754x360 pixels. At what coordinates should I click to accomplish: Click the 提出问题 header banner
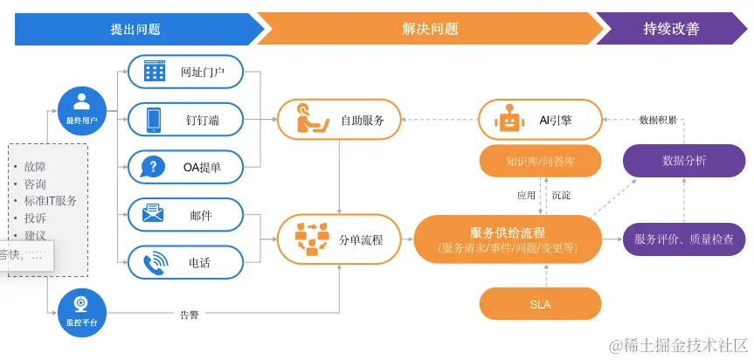click(x=135, y=29)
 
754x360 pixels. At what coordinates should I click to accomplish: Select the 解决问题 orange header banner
click(x=429, y=29)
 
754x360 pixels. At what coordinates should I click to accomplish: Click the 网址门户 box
click(x=187, y=72)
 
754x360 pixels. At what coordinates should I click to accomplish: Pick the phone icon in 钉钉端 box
click(x=155, y=120)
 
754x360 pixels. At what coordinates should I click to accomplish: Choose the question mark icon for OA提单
click(x=155, y=166)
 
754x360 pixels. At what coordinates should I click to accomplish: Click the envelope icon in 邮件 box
click(x=155, y=213)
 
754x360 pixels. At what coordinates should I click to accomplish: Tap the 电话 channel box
click(x=187, y=261)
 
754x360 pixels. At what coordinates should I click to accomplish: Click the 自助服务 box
click(x=339, y=120)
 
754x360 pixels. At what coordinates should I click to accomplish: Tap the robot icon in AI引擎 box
click(x=509, y=120)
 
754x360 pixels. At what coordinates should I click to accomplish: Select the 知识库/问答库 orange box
click(x=541, y=161)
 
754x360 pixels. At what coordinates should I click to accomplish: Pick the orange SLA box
click(x=541, y=304)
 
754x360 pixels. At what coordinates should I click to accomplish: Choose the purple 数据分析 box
click(x=684, y=161)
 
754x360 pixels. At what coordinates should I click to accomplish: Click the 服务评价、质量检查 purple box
click(x=684, y=238)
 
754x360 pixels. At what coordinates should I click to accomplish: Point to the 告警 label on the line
click(x=189, y=314)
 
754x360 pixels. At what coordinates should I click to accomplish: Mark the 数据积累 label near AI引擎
click(x=657, y=120)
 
